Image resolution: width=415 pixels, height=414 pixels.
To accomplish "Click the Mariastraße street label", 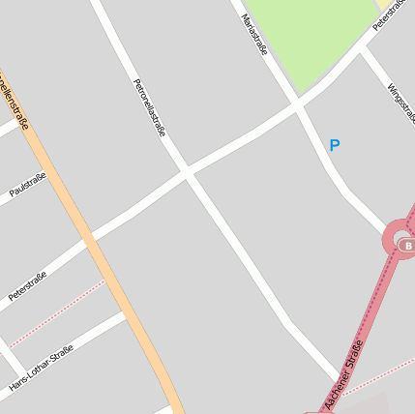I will click(x=253, y=35).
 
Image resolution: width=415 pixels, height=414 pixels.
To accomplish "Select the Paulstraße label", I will click(x=27, y=184).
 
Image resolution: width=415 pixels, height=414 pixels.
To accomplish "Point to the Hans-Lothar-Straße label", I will click(x=41, y=369).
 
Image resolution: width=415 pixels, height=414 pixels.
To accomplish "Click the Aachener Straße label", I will click(x=344, y=374).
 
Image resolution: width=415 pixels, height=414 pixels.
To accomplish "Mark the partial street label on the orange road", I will click(x=14, y=97).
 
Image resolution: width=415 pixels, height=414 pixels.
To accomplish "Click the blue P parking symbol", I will click(x=335, y=146).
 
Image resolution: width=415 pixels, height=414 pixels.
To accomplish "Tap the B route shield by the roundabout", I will click(x=407, y=247).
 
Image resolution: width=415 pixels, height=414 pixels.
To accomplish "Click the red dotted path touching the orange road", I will click(x=58, y=311).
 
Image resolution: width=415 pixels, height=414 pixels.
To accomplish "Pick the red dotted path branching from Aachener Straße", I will click(x=377, y=378).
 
